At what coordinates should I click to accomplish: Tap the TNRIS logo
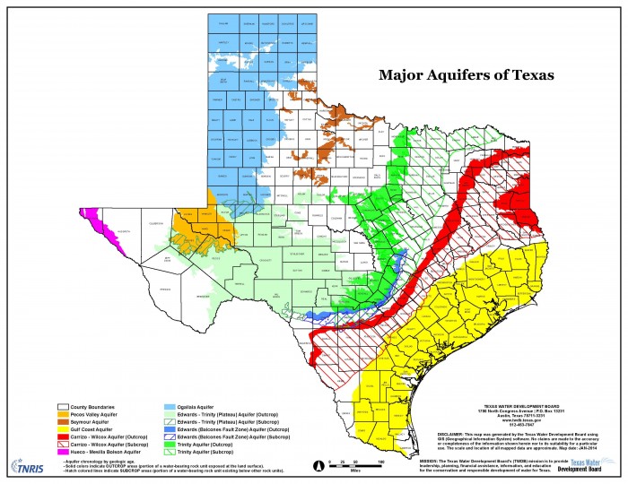27,465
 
